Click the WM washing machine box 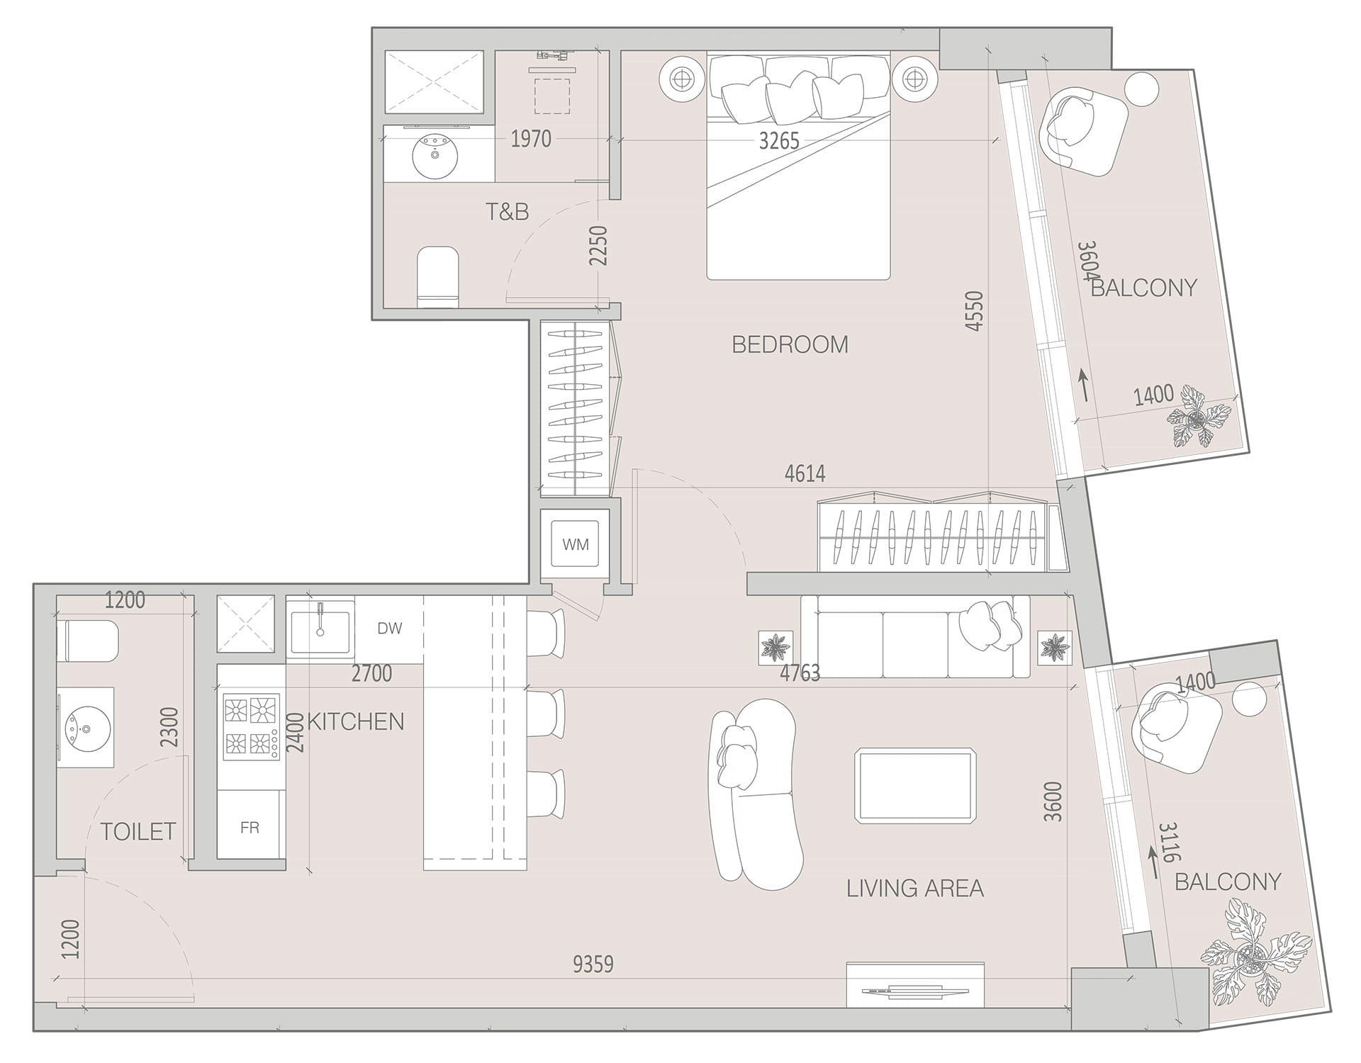coord(575,544)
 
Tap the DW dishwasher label coord(389,628)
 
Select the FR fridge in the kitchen coord(250,826)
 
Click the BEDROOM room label coord(790,344)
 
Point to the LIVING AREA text coord(914,888)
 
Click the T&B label coord(507,211)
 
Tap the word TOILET coord(138,831)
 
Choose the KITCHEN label coord(356,721)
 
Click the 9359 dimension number coord(593,964)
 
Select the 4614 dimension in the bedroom coord(805,473)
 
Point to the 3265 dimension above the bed coord(779,141)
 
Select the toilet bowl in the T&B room coord(437,276)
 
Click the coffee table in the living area coord(914,784)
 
